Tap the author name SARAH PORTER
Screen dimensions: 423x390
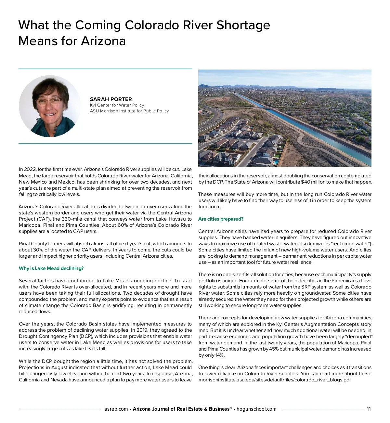[x=111, y=99]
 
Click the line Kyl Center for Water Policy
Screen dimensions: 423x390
[x=117, y=105]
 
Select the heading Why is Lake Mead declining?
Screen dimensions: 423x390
[x=51, y=268]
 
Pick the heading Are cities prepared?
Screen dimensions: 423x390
[x=221, y=219]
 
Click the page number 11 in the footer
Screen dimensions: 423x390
[x=369, y=409]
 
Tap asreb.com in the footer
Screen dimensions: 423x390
[x=116, y=409]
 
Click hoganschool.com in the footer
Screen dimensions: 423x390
[x=256, y=409]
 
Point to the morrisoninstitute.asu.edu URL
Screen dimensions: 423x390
[x=275, y=380]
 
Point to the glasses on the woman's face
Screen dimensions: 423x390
[x=49, y=101]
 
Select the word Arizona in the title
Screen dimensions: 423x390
[x=103, y=41]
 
